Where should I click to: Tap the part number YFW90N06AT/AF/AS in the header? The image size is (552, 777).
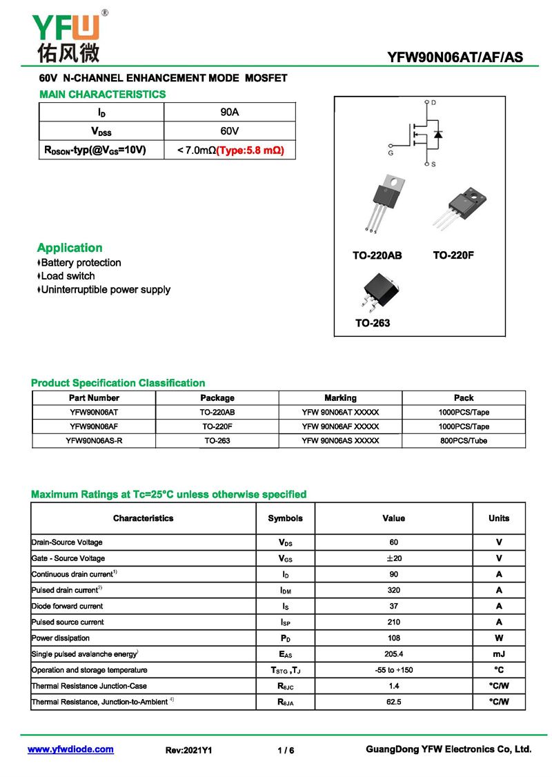(455, 58)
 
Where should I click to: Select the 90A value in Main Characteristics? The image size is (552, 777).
(229, 112)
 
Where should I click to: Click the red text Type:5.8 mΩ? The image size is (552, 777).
(250, 150)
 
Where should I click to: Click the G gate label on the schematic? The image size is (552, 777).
(391, 153)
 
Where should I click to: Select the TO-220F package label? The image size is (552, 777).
(453, 255)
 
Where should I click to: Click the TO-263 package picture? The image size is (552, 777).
(375, 292)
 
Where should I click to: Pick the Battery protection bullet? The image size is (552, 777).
(81, 263)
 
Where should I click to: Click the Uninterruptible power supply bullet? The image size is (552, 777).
(106, 290)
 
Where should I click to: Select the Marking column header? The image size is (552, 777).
(340, 398)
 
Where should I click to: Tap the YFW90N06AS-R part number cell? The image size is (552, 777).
(94, 441)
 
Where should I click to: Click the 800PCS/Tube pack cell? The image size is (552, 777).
(464, 441)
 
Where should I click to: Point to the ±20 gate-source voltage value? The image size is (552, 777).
(393, 558)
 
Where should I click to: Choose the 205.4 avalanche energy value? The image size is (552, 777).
(393, 654)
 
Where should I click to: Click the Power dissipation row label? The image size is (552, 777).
(61, 638)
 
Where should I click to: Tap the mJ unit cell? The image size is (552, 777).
(498, 654)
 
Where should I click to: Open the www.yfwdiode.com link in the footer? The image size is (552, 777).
(70, 749)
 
